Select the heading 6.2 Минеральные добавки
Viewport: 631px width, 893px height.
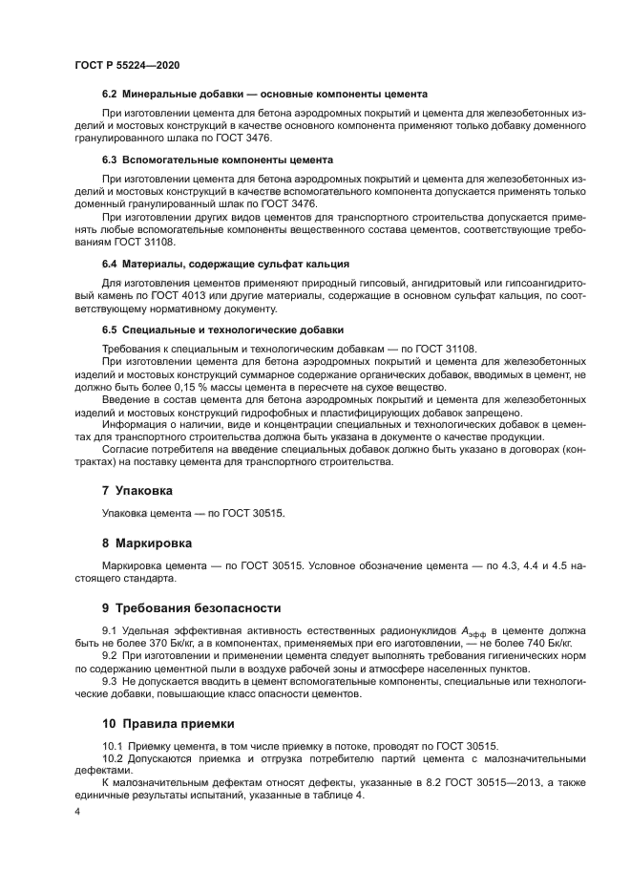pos(263,95)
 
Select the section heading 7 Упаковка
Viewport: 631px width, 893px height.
pos(137,490)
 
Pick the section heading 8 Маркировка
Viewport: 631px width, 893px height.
pos(147,542)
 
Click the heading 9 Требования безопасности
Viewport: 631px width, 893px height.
pos(191,607)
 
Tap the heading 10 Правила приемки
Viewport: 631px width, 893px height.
pos(169,725)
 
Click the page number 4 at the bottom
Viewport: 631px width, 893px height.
pos(76,812)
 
